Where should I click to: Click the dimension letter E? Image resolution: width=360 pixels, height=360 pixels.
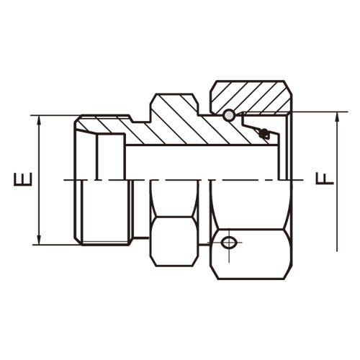[23, 179]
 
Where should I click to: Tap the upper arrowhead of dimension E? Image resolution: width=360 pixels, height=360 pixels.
[40, 121]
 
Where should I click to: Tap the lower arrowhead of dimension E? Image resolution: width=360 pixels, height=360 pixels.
[40, 240]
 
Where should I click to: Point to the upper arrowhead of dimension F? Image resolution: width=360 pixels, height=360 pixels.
[337, 117]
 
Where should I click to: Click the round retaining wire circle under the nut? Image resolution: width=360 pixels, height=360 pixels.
[229, 116]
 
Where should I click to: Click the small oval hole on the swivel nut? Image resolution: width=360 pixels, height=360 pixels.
[228, 243]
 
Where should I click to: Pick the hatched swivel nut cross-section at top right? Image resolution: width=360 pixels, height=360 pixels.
[251, 96]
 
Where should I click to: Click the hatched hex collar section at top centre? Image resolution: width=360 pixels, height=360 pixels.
[175, 108]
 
